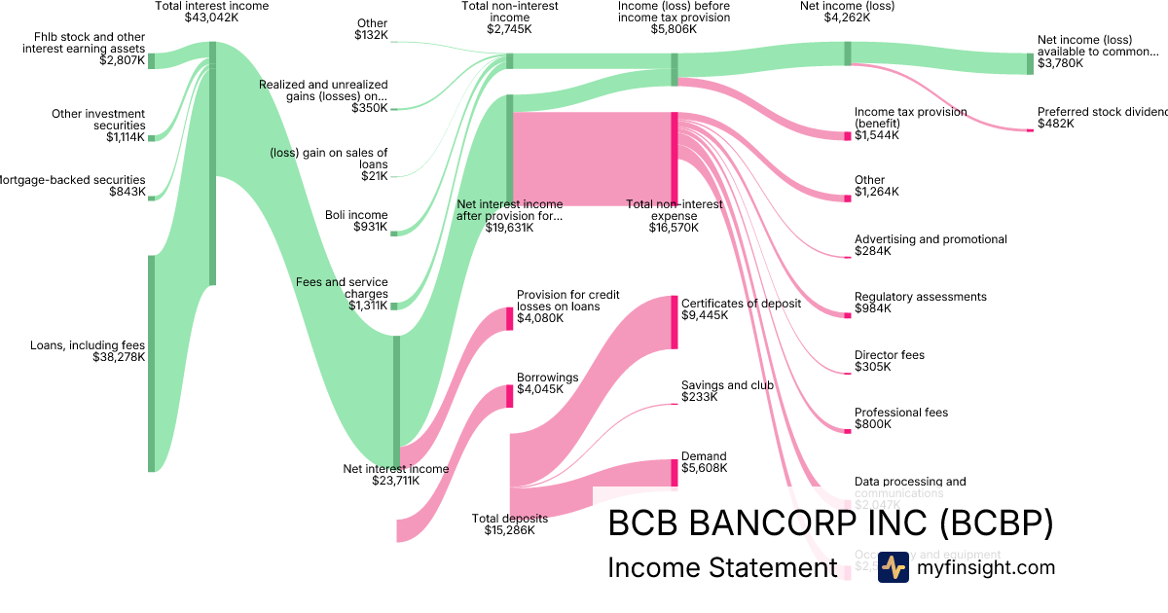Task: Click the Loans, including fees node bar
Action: (151, 363)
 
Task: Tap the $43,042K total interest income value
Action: (212, 18)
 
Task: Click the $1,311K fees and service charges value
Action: (368, 306)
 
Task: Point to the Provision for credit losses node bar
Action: (509, 318)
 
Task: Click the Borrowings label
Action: (547, 378)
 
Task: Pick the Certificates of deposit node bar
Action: (674, 321)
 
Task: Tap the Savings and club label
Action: (727, 384)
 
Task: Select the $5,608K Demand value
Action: (704, 468)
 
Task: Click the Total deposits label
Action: (509, 518)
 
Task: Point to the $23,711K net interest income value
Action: (395, 480)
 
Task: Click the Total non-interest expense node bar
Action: (674, 158)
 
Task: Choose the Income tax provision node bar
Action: (848, 135)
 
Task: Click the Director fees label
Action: (890, 355)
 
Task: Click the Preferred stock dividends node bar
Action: (1030, 129)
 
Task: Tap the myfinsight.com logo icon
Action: (893, 567)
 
